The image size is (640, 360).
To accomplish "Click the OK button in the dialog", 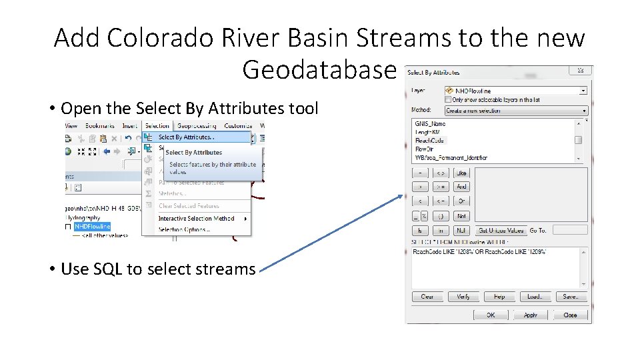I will point(490,315).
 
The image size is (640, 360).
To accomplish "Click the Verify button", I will point(463,297).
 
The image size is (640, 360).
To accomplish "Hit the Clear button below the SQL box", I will point(427,297).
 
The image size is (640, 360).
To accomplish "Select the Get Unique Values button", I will point(501,230).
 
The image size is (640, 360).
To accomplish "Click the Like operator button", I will point(462,172).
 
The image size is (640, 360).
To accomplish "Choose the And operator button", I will point(462,187).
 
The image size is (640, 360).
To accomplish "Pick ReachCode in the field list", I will point(429,141).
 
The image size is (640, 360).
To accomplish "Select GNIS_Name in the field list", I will point(430,123).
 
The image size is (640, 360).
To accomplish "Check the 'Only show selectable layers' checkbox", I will point(448,99).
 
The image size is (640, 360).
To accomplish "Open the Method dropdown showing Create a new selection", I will point(516,110).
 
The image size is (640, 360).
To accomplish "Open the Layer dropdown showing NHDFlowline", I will point(516,91).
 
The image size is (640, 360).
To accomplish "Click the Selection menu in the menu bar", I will point(157,125).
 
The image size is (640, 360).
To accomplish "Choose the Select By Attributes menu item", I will point(186,137).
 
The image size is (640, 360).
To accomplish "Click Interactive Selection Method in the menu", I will point(196,219).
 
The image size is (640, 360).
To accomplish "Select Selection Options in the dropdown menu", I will point(184,229).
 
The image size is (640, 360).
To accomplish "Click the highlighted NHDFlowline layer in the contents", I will point(93,227).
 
